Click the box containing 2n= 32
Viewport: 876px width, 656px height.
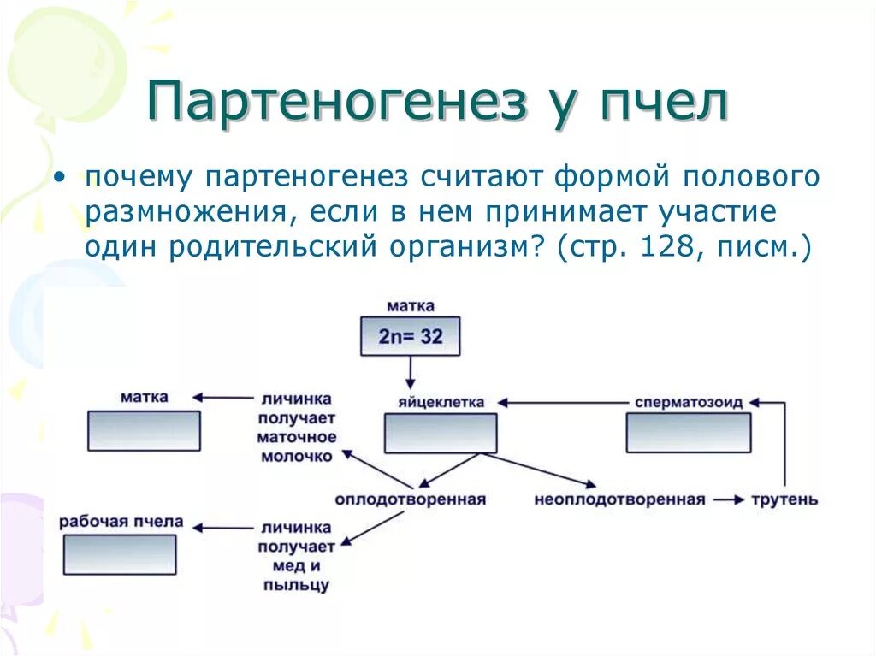tap(411, 336)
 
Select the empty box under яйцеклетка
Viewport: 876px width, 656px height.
tap(440, 433)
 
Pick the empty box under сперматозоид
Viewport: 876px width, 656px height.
tap(688, 433)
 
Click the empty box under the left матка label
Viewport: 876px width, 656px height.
tap(144, 430)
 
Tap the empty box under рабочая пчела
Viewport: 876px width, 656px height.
tap(120, 554)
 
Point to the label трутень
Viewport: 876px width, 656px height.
tap(784, 499)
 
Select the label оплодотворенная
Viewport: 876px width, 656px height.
tap(410, 499)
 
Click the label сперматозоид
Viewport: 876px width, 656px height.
tap(689, 402)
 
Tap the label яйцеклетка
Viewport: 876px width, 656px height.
tap(441, 402)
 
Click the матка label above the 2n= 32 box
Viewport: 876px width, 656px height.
tap(411, 305)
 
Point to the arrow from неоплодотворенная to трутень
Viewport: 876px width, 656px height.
tap(729, 499)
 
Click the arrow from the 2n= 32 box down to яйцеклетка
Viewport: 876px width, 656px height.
tap(411, 371)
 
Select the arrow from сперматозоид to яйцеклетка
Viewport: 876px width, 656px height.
tap(565, 402)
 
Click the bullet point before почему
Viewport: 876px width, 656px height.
tap(58, 177)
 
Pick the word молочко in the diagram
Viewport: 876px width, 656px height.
tap(297, 456)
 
